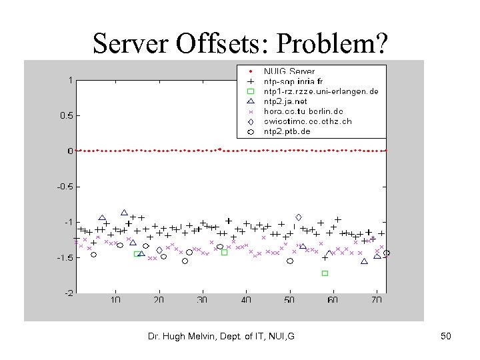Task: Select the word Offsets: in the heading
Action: tap(226, 43)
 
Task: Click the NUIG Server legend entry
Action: tap(289, 71)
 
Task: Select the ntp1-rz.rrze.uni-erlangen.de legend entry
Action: tap(321, 91)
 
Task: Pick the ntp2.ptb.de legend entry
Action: tap(287, 132)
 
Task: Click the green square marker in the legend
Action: tap(250, 91)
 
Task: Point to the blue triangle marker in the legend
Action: tap(250, 101)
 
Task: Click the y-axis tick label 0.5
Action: tap(65, 115)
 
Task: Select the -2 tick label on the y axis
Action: tap(68, 293)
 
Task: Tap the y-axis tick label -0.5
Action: tap(64, 187)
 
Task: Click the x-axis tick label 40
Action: tap(246, 301)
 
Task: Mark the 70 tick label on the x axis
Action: tap(377, 301)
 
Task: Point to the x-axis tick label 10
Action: tap(115, 301)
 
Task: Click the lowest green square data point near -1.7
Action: tap(325, 273)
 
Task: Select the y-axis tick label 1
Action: tap(71, 80)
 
